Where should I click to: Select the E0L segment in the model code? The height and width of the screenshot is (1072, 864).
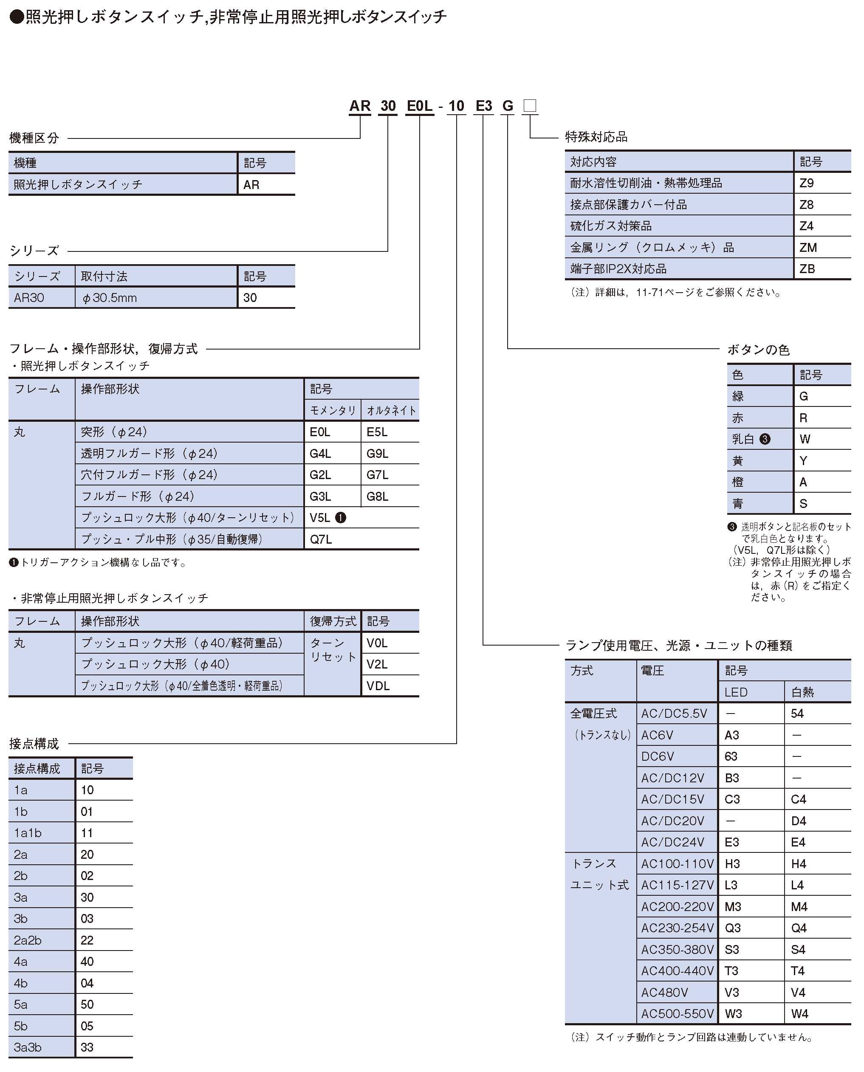(420, 106)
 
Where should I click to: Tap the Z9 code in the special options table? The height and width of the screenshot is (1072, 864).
(806, 183)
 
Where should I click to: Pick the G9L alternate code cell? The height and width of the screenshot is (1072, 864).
(377, 453)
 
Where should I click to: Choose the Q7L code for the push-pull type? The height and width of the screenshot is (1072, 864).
(321, 539)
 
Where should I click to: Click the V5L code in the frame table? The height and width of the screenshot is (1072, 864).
(320, 518)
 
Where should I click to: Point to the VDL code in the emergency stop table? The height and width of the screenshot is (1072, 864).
(378, 686)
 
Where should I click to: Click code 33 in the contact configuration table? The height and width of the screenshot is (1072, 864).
(87, 1047)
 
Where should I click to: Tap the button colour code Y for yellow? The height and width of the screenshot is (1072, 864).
(803, 461)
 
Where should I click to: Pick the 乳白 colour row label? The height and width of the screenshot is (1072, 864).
(743, 439)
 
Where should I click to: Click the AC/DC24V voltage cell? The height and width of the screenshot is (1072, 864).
(673, 842)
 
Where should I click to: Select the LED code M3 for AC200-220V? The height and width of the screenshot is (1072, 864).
(733, 907)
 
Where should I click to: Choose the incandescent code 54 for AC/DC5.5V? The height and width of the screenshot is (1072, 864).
(797, 714)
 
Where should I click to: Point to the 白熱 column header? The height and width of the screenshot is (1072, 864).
(802, 692)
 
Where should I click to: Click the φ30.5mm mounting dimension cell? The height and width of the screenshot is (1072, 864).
(110, 298)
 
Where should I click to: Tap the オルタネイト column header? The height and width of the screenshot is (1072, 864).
(391, 411)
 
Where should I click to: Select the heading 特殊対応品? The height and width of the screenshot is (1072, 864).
(596, 137)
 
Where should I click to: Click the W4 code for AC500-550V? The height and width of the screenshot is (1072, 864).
(799, 1014)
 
